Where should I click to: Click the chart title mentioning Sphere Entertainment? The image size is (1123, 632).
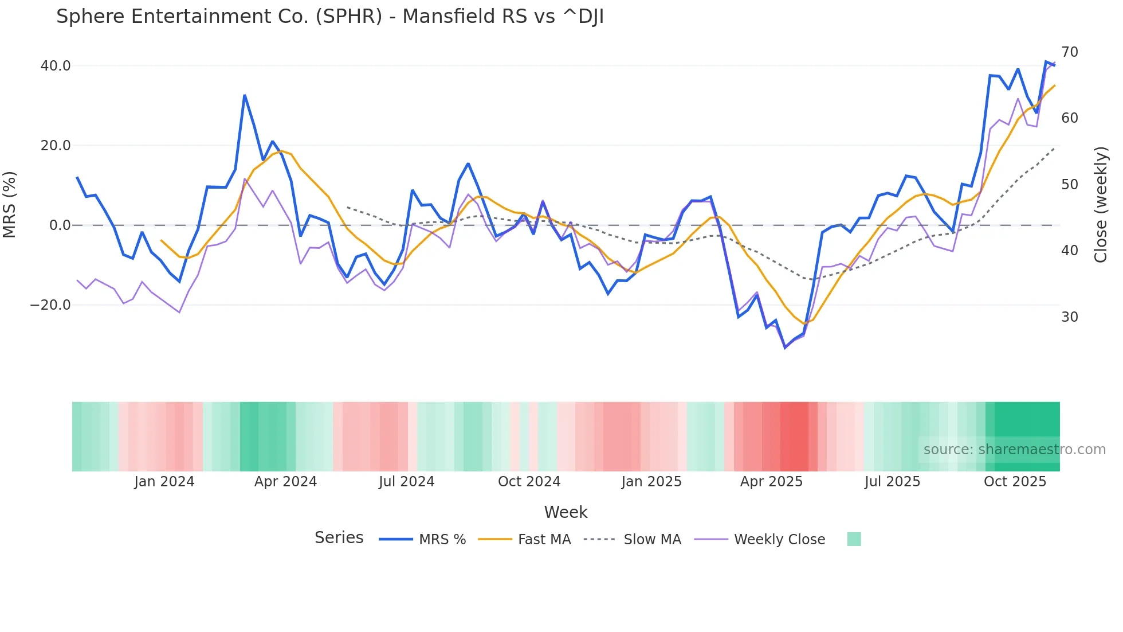click(329, 17)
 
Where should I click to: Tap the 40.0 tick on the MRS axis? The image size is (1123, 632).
click(56, 66)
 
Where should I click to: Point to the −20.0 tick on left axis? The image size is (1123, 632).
click(50, 305)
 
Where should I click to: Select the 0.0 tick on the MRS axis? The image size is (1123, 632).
click(60, 225)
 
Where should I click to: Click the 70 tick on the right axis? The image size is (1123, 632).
click(1069, 52)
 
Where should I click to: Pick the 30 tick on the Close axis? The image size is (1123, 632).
click(1069, 317)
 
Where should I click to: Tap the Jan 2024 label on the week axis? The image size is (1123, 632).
click(164, 482)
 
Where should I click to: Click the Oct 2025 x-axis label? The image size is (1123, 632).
click(1015, 482)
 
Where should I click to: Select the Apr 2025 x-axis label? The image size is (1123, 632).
click(771, 482)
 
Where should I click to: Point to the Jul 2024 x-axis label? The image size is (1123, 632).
click(406, 482)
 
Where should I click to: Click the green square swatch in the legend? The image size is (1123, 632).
click(854, 539)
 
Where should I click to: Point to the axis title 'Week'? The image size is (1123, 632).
click(566, 512)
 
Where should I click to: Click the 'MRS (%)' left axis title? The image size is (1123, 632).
click(10, 204)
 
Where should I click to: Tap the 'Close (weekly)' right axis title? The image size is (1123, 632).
click(1100, 204)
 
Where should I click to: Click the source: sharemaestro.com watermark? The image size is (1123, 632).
click(1014, 450)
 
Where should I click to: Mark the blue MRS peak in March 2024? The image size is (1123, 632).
click(245, 95)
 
